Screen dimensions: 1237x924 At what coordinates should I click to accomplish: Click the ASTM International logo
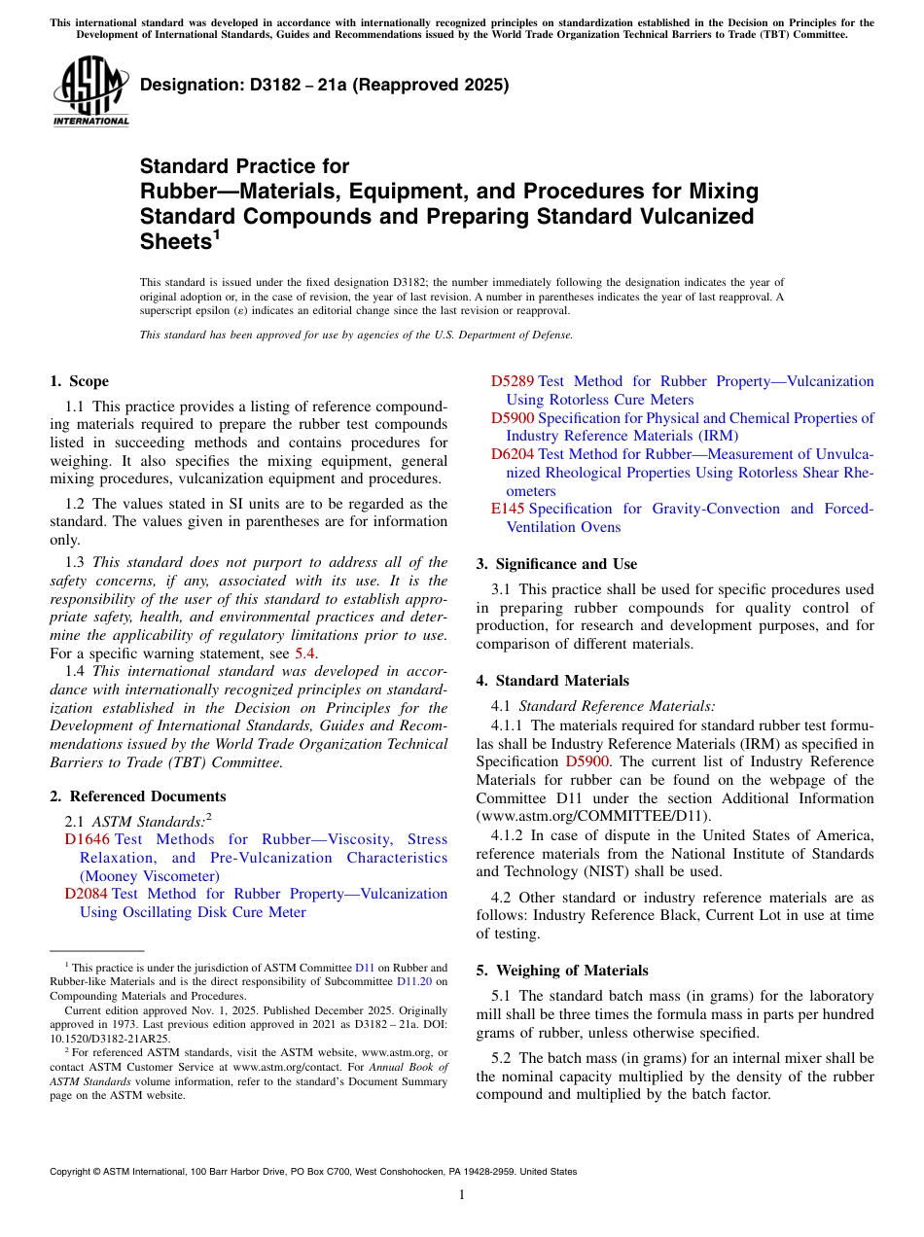[90, 92]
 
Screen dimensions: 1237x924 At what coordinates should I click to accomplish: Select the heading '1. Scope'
[79, 381]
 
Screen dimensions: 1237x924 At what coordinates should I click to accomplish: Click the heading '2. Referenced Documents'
[137, 795]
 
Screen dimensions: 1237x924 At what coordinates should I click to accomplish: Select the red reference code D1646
[88, 839]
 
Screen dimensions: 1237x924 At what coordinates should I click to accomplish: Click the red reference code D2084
[87, 894]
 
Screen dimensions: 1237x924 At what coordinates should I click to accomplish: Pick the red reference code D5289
[512, 381]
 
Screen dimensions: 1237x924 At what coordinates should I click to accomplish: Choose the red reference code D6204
[512, 454]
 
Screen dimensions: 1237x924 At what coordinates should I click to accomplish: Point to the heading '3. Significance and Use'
[556, 564]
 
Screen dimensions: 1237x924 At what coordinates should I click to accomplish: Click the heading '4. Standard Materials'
[552, 681]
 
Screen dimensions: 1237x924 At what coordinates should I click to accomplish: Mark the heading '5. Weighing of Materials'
[562, 970]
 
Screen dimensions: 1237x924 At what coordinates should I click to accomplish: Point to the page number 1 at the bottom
[462, 1195]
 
